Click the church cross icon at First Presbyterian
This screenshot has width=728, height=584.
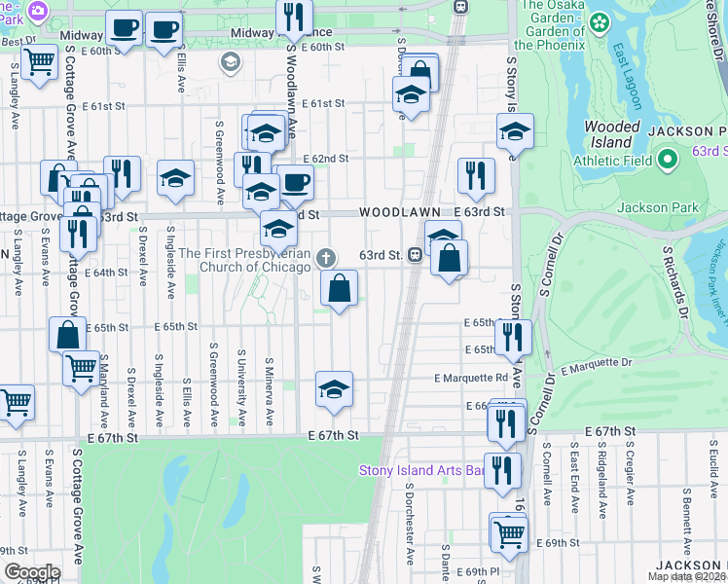pyautogui.click(x=326, y=258)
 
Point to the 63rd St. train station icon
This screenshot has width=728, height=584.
pyautogui.click(x=415, y=255)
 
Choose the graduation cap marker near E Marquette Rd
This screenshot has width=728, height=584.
pyautogui.click(x=334, y=388)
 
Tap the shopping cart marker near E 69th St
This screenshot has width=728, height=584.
pyautogui.click(x=509, y=531)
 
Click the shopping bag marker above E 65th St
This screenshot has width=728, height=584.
pyautogui.click(x=339, y=287)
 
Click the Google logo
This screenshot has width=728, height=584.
pyautogui.click(x=31, y=571)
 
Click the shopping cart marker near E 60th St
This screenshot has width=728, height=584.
pyautogui.click(x=40, y=63)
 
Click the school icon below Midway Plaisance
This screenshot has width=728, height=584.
pyautogui.click(x=231, y=63)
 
